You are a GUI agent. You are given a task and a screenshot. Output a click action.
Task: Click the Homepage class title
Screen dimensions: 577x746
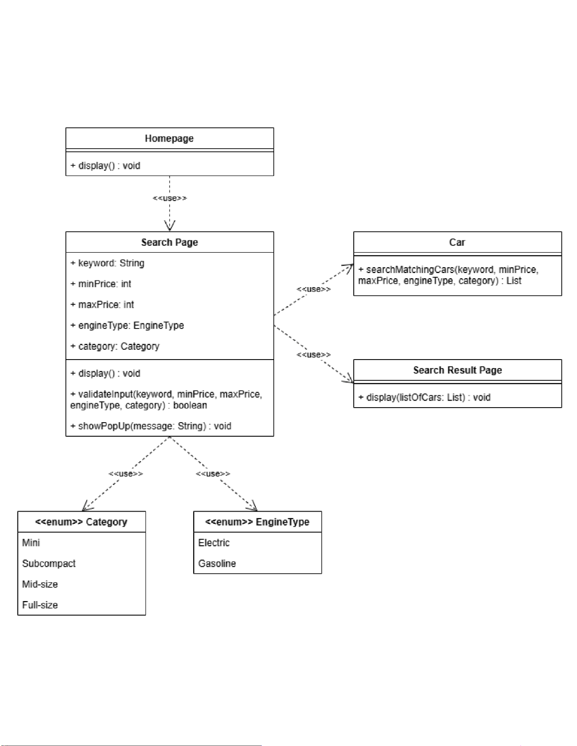[x=169, y=138]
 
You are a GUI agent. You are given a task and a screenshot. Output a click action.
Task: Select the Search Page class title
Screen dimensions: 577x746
[x=170, y=242]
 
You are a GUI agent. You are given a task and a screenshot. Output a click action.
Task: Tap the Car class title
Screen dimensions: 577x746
[x=457, y=242]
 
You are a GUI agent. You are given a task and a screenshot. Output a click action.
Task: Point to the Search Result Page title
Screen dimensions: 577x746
[x=457, y=370]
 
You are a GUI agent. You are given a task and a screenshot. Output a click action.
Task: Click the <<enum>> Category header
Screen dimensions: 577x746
[x=81, y=522]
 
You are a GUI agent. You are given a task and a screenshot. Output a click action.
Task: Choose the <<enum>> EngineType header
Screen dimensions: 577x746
[x=257, y=522]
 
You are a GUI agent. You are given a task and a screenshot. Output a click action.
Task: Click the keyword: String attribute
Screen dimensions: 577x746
[x=107, y=263]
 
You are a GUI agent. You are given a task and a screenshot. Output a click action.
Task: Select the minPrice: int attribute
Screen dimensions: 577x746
[x=101, y=284]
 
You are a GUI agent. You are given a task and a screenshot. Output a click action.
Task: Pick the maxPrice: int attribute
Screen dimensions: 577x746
[x=102, y=305]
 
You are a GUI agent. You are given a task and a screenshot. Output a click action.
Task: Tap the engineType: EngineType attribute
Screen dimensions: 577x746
[x=127, y=325]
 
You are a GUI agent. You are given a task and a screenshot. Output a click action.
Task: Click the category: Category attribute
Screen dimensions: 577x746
[x=115, y=346]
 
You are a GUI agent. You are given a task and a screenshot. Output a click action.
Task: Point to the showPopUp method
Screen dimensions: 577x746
[x=151, y=426]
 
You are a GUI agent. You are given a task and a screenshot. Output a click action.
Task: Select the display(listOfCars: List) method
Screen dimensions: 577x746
[x=424, y=398]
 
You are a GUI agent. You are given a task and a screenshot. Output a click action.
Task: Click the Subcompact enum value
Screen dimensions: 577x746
[x=49, y=564]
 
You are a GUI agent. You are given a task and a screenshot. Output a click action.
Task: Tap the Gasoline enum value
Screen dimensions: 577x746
[x=217, y=564]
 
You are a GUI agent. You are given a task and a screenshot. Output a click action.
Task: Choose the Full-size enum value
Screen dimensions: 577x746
[x=40, y=605]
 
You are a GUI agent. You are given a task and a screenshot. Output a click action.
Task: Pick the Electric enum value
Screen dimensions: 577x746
[x=214, y=543]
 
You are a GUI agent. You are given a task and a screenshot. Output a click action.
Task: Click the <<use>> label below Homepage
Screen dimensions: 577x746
[x=170, y=198]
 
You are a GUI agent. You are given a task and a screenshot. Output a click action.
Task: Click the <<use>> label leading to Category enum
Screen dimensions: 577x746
[x=126, y=474]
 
